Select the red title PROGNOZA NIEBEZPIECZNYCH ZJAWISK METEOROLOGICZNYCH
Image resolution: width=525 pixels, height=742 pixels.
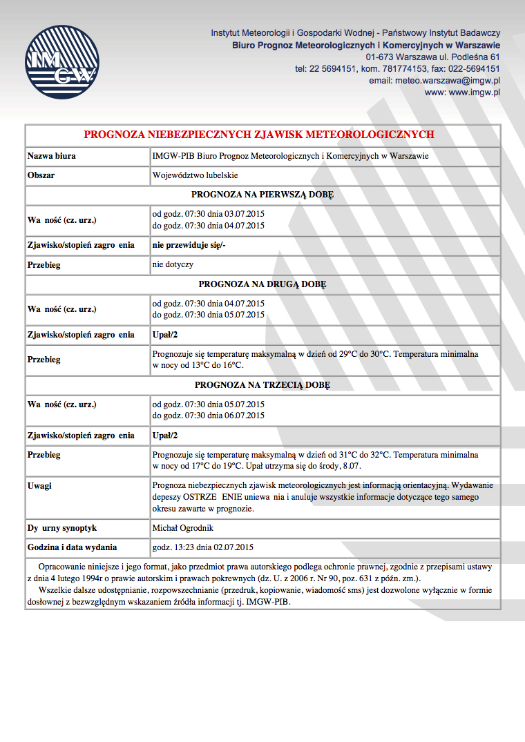coord(259,135)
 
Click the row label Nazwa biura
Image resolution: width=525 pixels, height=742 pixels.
coord(52,156)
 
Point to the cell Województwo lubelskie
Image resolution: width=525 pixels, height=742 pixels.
coord(195,175)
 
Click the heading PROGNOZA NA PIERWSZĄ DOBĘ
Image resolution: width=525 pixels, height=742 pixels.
coord(262,195)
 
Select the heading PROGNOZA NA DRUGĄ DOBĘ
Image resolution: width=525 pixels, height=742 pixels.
coord(262,284)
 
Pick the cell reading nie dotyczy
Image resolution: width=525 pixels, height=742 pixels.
coord(173,264)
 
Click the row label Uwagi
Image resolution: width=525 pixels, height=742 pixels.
coord(39,485)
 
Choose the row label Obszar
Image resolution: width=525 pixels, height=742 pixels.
coord(41,175)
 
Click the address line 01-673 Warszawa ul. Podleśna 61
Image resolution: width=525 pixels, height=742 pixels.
coord(432,57)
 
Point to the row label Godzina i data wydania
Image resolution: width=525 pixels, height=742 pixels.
coord(72,547)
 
